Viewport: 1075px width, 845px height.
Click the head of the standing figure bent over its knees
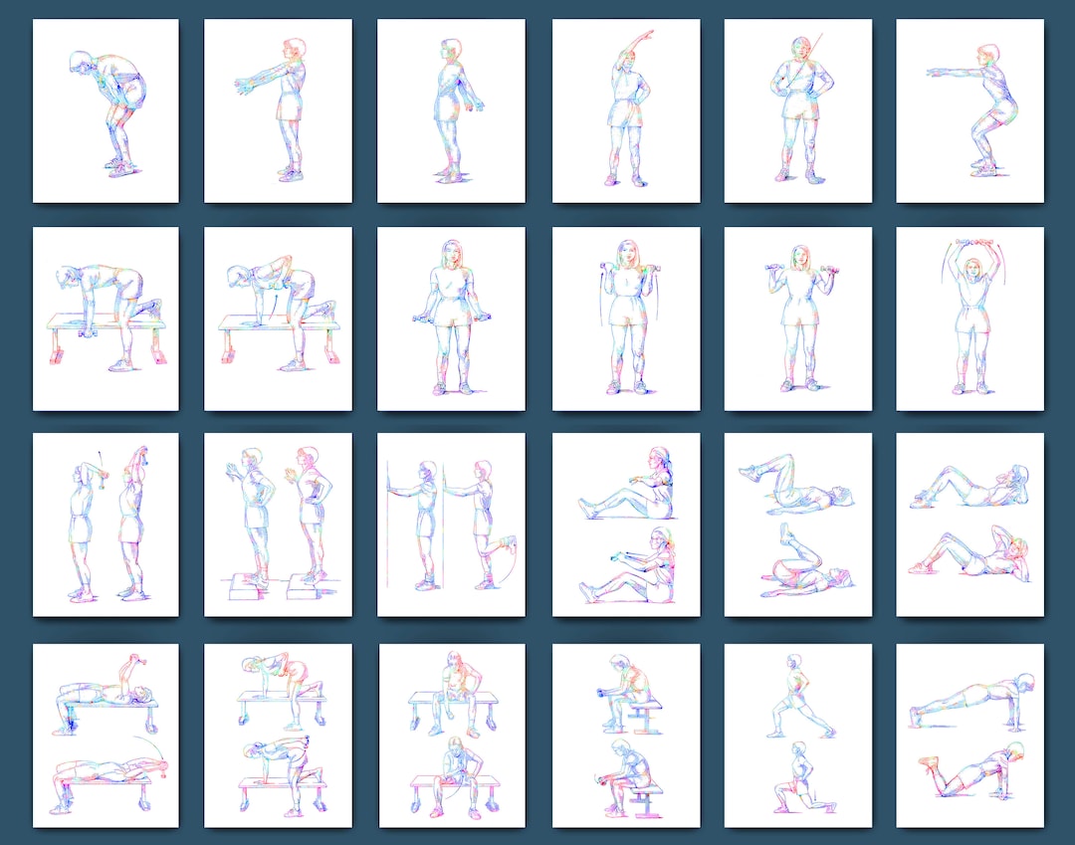click(x=79, y=63)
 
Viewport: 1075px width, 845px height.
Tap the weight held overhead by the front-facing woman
click(x=976, y=242)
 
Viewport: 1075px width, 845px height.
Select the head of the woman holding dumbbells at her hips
click(x=452, y=252)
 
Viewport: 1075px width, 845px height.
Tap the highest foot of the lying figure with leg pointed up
click(x=785, y=528)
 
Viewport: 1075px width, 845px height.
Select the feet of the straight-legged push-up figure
click(x=917, y=712)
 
